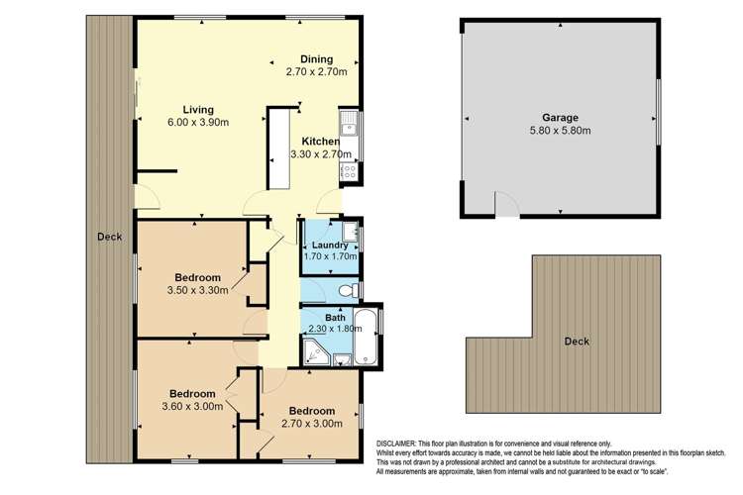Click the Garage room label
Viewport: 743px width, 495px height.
coord(560,117)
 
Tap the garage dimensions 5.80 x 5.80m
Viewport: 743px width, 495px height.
coord(560,130)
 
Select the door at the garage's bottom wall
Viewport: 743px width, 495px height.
coord(506,204)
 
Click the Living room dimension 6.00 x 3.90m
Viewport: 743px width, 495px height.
coord(198,123)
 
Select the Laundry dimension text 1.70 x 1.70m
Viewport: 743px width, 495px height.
coord(328,258)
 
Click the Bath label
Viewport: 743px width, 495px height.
coord(335,318)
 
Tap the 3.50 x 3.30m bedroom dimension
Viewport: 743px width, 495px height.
coord(197,290)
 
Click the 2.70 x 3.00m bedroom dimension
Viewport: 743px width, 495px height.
coord(312,423)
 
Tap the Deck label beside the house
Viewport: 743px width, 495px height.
coord(109,236)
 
